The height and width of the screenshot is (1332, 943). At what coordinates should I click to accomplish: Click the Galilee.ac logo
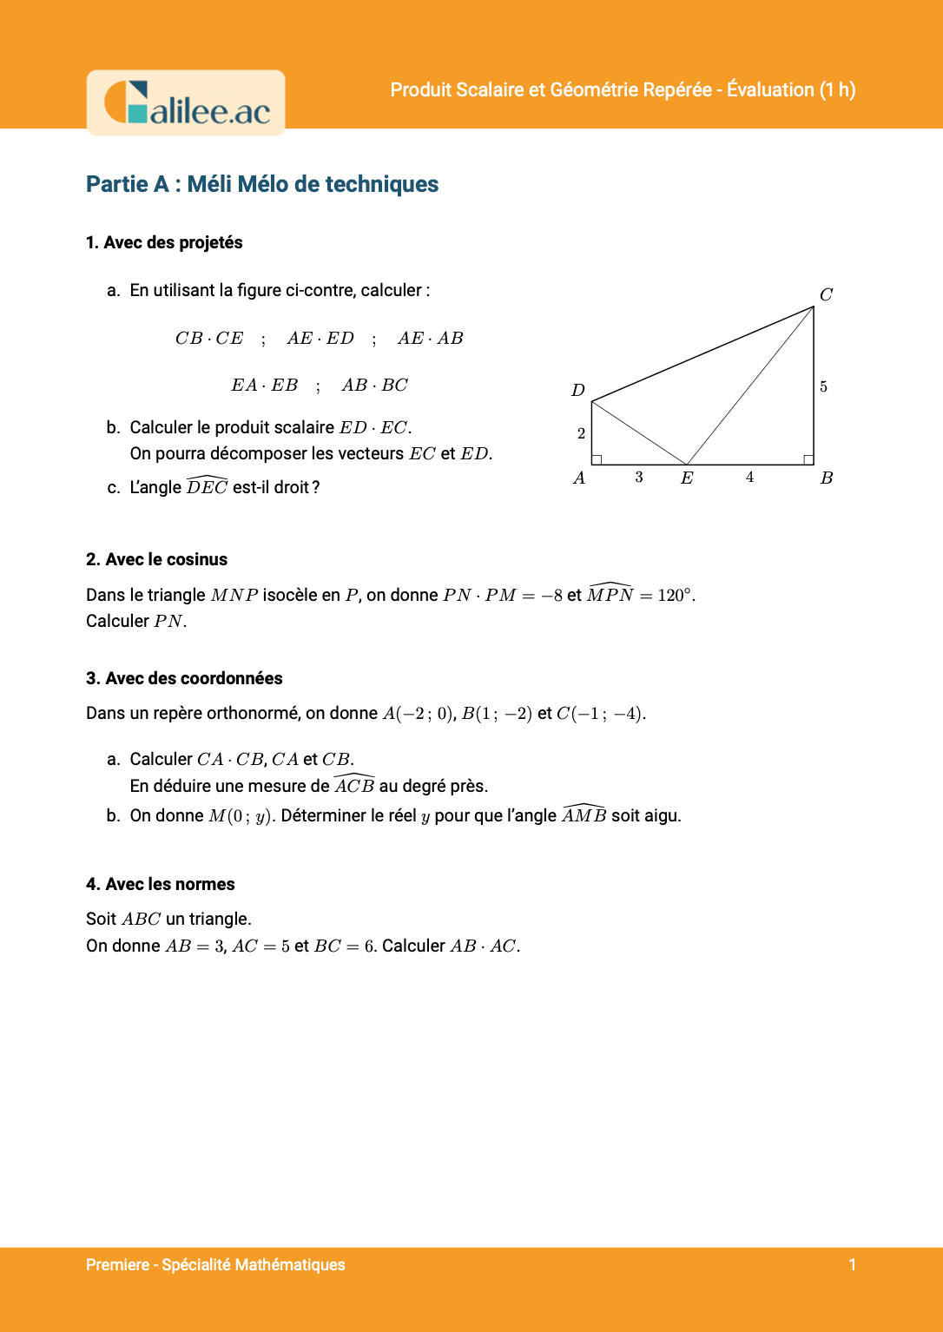186,103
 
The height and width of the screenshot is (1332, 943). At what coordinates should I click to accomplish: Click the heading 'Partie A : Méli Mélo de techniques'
262,184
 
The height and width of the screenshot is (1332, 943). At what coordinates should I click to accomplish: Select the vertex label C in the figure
826,294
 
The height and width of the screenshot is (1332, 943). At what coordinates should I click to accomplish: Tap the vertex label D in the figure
578,390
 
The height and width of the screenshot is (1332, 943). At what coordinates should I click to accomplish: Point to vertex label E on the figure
687,478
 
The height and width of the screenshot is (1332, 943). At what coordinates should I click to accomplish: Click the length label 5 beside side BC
823,386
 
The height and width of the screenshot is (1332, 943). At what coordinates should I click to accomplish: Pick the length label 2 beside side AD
581,433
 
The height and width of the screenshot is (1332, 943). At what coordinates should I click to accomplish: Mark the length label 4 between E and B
749,477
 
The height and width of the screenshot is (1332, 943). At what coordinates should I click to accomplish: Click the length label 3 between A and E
639,477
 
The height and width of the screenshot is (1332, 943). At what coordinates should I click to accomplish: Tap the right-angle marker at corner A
597,459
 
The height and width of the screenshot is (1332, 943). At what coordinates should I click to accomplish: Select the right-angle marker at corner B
808,459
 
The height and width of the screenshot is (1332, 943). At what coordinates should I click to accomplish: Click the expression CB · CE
209,338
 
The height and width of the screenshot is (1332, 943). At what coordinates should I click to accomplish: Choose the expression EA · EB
264,385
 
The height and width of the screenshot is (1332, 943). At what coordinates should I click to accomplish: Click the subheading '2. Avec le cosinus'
156,559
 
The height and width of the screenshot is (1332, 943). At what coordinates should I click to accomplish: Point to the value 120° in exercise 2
676,595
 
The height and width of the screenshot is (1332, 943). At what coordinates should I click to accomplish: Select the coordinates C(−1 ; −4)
600,714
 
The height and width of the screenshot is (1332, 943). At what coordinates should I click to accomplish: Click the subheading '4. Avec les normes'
161,884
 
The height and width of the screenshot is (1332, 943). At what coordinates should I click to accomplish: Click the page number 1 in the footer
852,1264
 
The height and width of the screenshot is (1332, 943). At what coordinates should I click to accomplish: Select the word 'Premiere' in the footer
117,1264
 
